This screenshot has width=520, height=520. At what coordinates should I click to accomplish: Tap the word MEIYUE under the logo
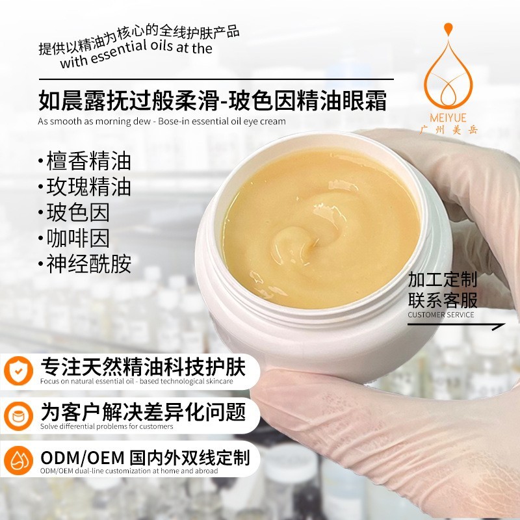448,118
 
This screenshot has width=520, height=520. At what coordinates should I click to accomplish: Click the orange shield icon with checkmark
19,370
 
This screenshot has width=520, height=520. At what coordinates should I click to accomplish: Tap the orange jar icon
19,416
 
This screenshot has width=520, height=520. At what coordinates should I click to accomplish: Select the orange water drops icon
19,460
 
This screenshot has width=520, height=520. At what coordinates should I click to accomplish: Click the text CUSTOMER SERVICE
441,315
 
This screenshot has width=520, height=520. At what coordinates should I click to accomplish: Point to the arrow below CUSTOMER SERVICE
456,326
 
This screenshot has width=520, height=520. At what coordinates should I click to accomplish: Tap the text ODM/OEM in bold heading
83,458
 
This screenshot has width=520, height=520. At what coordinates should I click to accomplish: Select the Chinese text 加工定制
443,279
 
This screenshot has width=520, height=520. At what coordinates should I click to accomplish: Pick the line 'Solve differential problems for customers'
107,426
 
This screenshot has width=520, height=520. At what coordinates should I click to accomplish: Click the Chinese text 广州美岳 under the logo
448,129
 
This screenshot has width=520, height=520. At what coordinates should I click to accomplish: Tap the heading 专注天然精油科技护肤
143,367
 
